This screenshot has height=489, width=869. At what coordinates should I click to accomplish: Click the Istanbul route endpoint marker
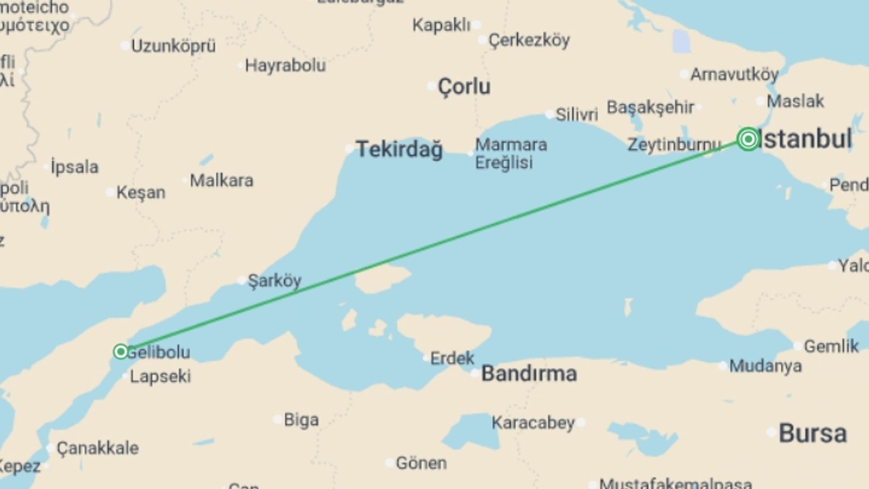(x=748, y=139)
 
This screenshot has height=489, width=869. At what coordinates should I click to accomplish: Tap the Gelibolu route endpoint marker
(x=121, y=351)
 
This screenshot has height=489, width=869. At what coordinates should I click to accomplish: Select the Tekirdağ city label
(x=399, y=149)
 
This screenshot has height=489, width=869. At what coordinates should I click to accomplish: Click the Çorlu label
(x=464, y=86)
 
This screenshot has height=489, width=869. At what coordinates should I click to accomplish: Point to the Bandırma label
(x=529, y=374)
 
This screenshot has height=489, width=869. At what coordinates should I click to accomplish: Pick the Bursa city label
(x=812, y=433)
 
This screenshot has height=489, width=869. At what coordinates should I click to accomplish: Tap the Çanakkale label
(x=98, y=448)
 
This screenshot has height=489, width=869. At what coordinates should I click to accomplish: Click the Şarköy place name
(x=274, y=281)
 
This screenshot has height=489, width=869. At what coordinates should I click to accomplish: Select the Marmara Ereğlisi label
(x=511, y=153)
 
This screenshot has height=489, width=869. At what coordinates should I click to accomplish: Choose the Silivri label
(x=577, y=115)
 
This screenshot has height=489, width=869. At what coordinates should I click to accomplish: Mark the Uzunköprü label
(x=173, y=46)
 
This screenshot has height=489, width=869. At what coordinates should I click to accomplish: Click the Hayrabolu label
(x=285, y=66)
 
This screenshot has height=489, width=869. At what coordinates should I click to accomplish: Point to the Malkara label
(x=221, y=181)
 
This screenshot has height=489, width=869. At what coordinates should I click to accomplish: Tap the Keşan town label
(x=141, y=192)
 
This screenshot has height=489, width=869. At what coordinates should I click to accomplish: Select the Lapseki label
(x=160, y=376)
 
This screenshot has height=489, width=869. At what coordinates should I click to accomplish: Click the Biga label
(x=301, y=420)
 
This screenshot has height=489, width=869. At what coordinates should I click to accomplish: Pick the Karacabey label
(x=533, y=423)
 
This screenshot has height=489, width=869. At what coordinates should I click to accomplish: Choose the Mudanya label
(x=765, y=366)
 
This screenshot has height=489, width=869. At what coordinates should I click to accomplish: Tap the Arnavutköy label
(x=734, y=74)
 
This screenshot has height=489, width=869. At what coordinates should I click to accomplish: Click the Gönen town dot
(x=389, y=463)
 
